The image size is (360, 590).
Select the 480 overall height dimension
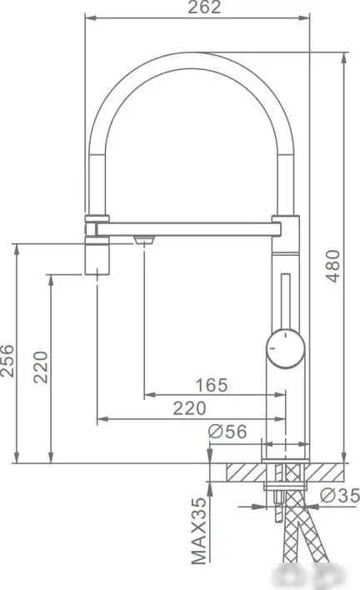(x=333, y=265)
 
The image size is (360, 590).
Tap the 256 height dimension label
(x=7, y=360)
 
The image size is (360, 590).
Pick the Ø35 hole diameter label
(x=340, y=496)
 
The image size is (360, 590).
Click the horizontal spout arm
(x=192, y=226)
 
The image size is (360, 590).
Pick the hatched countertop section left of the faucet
(x=236, y=472)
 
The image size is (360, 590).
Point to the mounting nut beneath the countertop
(x=285, y=487)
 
